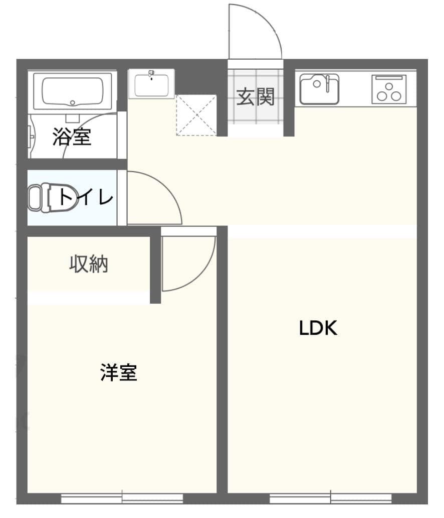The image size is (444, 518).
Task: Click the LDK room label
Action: (318, 328)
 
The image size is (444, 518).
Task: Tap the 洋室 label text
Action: (119, 373)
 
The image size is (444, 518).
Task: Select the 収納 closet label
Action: (89, 264)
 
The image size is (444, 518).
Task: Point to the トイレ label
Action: (86, 197)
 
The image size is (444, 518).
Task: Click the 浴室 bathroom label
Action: (72, 137)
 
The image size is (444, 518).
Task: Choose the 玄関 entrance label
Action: (256, 97)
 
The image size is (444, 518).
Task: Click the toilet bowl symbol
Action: (40, 197)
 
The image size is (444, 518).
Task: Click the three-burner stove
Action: (388, 89)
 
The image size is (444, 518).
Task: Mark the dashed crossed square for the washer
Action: (196, 115)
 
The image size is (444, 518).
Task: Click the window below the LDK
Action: (330, 498)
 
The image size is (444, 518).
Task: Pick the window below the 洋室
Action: (122, 498)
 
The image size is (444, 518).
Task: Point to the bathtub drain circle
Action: (73, 102)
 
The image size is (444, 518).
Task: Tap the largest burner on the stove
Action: (388, 96)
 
